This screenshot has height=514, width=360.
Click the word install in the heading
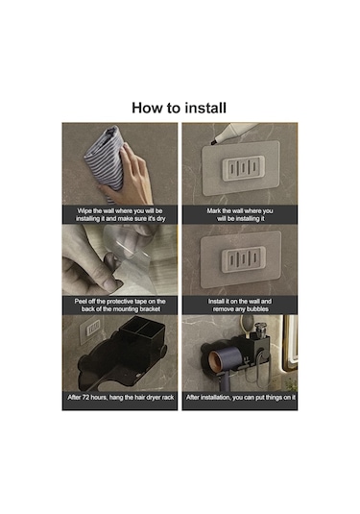click(x=205, y=108)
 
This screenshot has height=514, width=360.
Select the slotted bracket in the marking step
click(x=244, y=168)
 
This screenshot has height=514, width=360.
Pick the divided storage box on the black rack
click(x=141, y=330)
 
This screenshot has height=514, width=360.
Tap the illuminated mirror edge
click(x=291, y=343)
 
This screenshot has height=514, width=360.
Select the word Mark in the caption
click(x=214, y=210)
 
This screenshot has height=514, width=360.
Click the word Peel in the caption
click(x=81, y=302)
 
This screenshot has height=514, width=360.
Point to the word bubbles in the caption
click(x=257, y=309)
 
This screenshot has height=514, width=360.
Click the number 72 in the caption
click(x=85, y=398)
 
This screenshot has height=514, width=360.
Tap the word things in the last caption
click(x=276, y=398)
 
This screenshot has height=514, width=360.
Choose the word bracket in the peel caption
click(x=150, y=309)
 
